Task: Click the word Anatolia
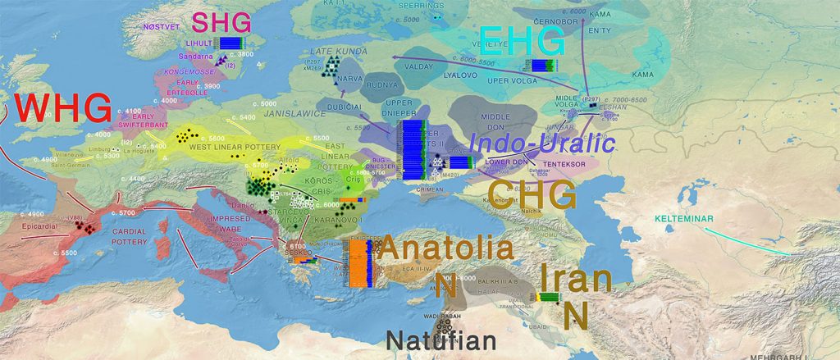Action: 447,248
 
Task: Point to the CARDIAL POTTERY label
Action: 129,236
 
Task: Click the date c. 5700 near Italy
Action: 127,213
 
